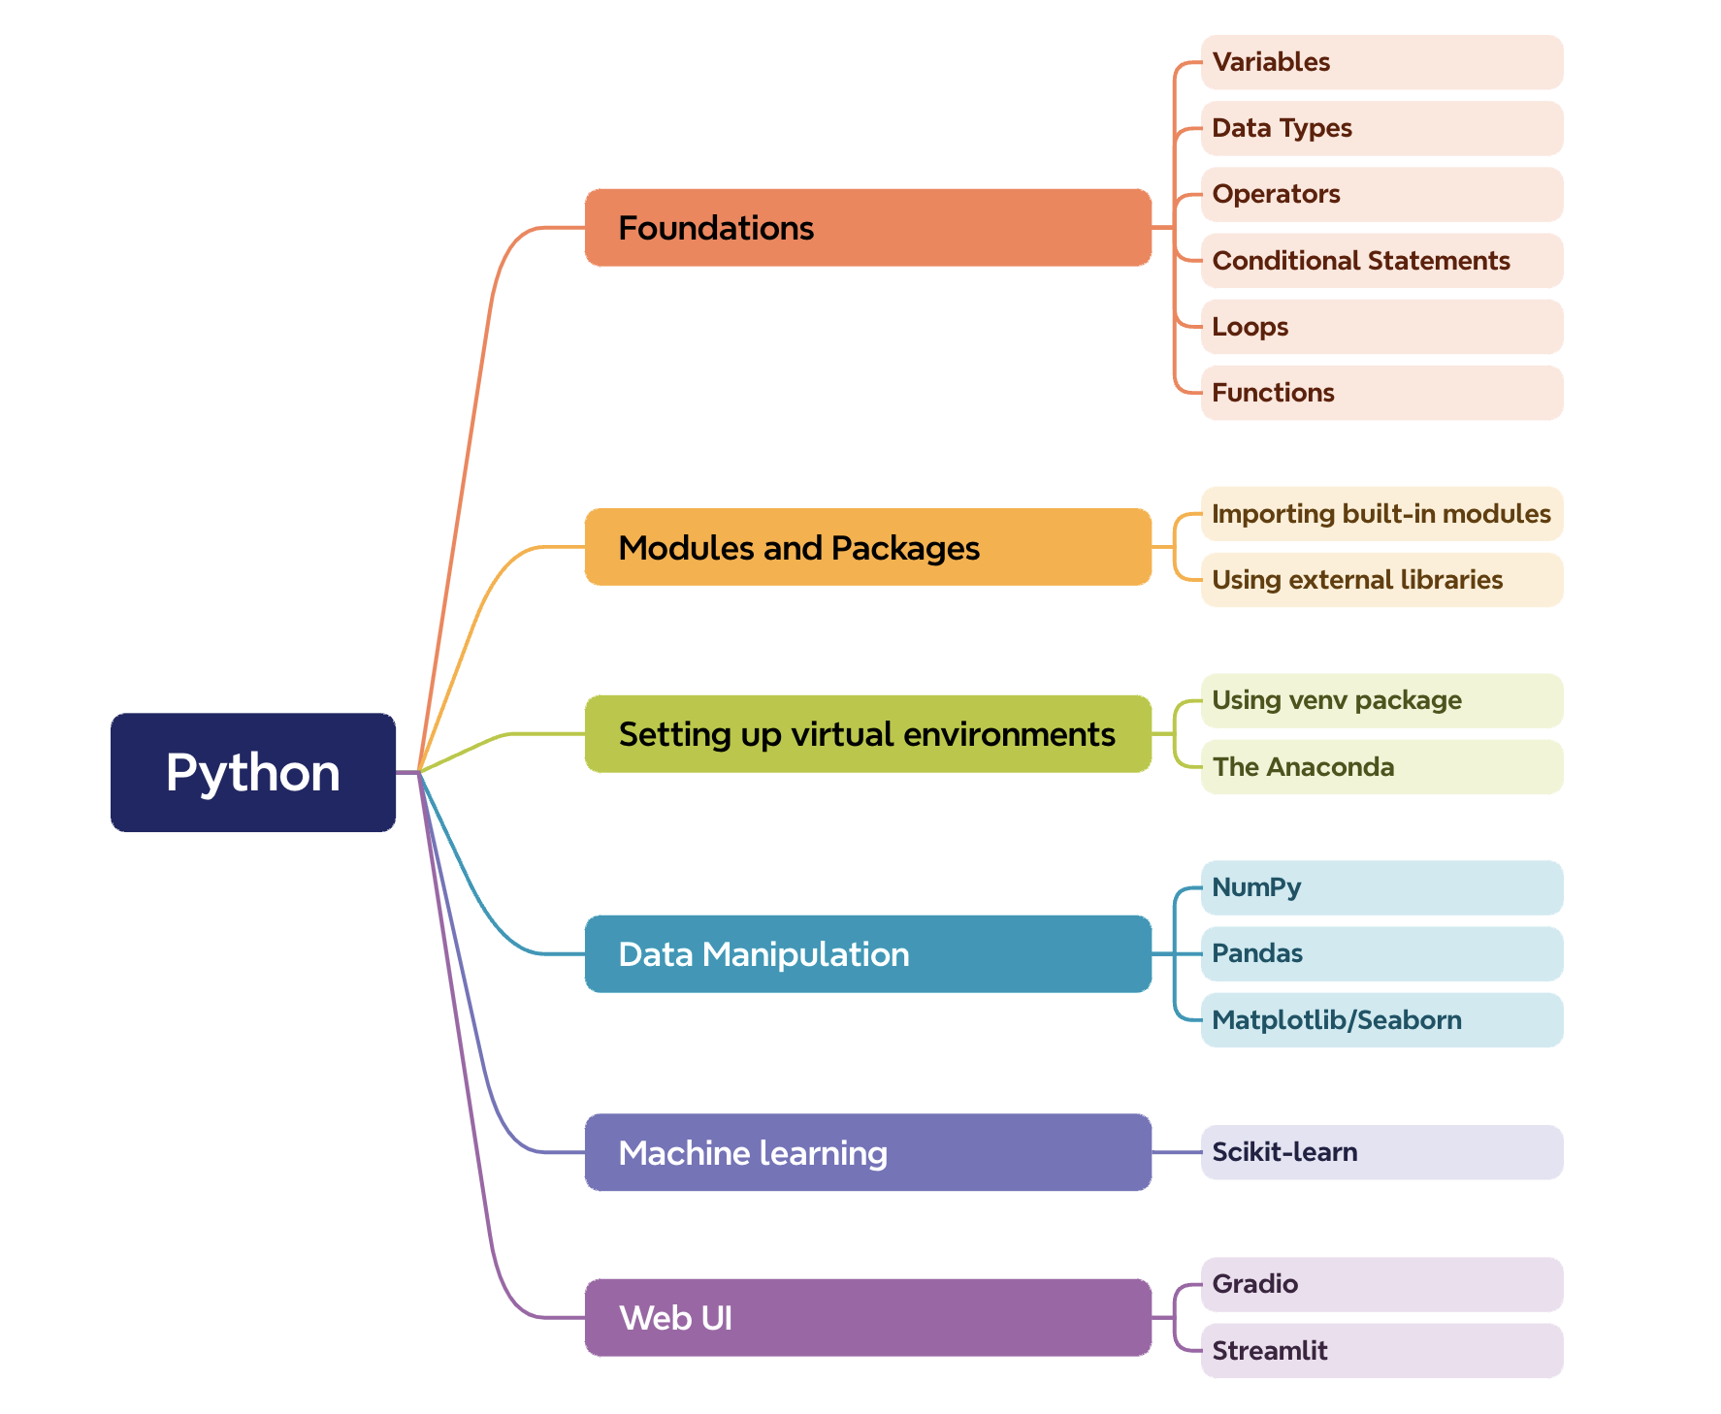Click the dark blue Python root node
point(253,772)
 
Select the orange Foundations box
point(867,228)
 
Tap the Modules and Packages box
point(867,547)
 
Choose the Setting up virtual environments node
point(867,734)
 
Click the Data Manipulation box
point(867,954)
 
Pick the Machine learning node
point(867,1152)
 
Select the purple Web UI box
point(867,1317)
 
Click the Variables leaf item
point(1381,62)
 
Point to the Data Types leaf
point(1381,128)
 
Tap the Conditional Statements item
point(1381,261)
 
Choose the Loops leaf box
point(1381,327)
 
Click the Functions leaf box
point(1381,393)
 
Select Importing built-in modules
point(1381,514)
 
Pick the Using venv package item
point(1381,700)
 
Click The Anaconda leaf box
point(1381,767)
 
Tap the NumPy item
point(1381,887)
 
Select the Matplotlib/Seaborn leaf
point(1381,1020)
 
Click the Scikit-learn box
point(1381,1152)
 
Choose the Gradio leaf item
point(1381,1284)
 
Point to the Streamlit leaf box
point(1381,1351)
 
